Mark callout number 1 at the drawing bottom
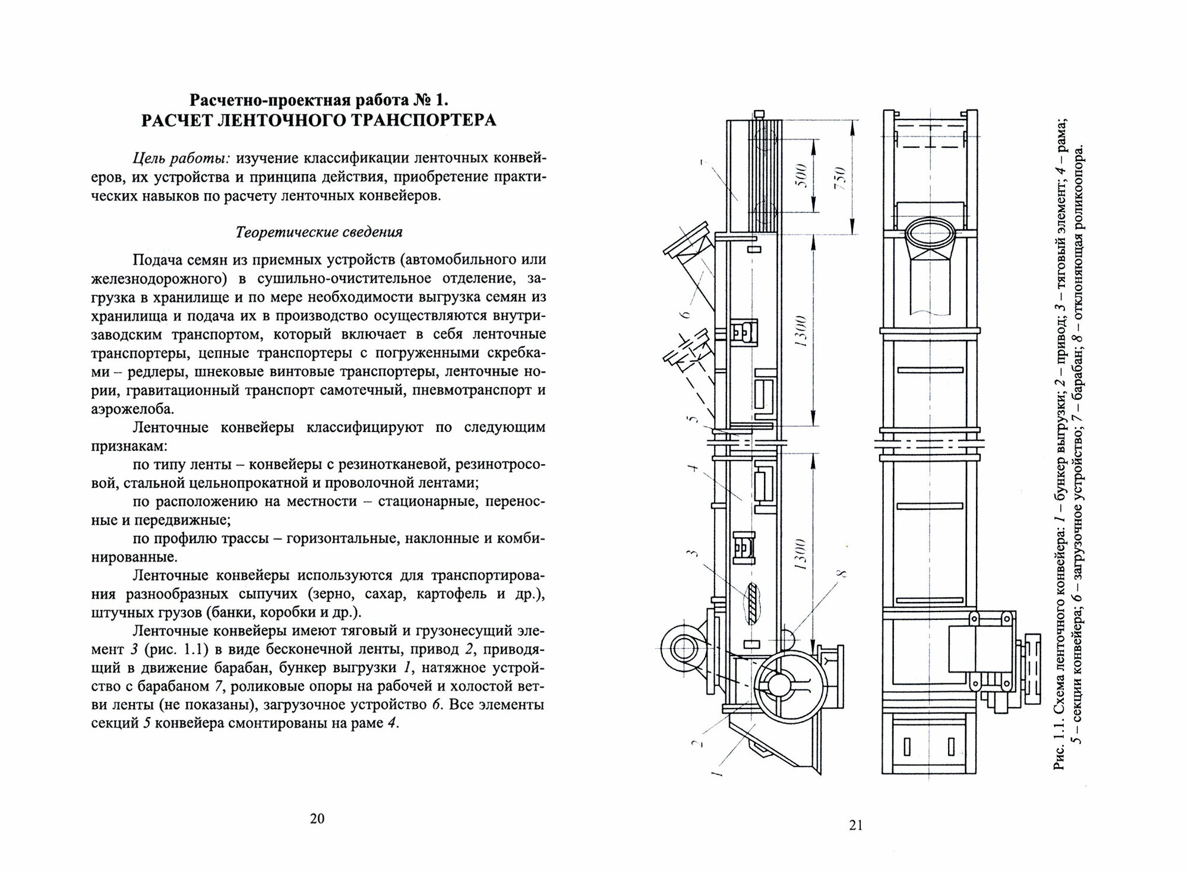click(716, 773)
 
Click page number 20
click(317, 819)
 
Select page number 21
click(855, 825)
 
